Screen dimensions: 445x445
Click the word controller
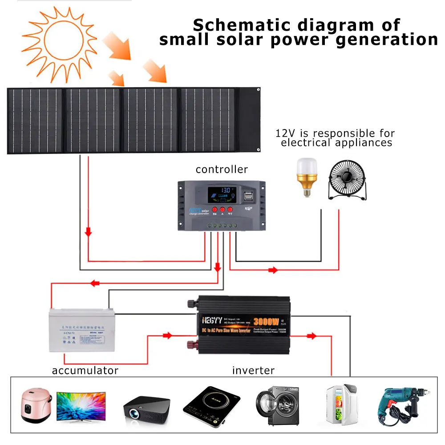coord(222,170)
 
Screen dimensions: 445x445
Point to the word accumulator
coord(85,370)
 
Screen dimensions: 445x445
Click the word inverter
coord(253,370)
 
